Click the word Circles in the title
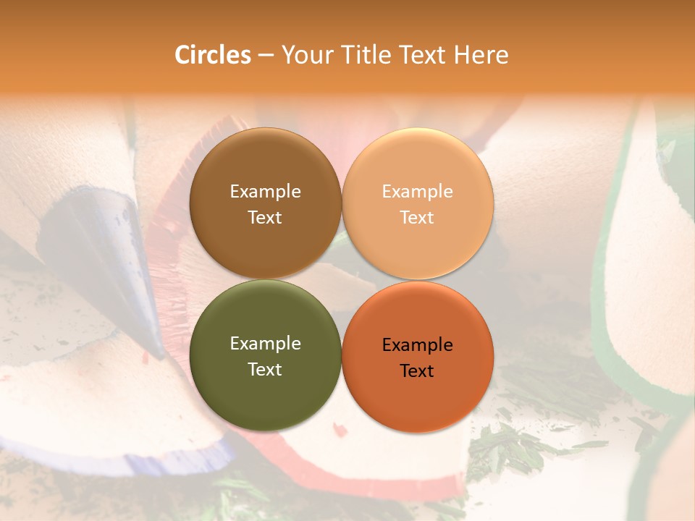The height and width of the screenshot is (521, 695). [212, 55]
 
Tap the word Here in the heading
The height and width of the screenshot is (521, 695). [481, 55]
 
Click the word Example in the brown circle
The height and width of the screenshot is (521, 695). [265, 192]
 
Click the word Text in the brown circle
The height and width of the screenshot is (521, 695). [265, 218]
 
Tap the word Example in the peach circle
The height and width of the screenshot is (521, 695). [418, 192]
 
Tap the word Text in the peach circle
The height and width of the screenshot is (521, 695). [418, 218]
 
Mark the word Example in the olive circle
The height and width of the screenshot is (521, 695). [265, 344]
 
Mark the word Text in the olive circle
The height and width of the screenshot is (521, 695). [265, 370]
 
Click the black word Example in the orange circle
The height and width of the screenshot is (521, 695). [418, 345]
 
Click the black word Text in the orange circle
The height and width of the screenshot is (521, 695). [418, 371]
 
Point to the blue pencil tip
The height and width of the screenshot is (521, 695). [109, 246]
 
